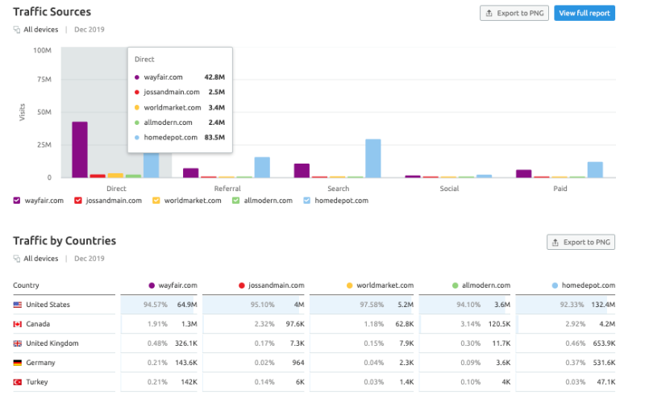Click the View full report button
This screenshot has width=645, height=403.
pos(584,13)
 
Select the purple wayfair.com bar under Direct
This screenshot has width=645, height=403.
pos(79,149)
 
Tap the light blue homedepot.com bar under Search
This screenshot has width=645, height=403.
pos(372,158)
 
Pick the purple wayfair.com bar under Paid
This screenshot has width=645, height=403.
pos(524,173)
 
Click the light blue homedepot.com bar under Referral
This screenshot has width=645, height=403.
pos(262,168)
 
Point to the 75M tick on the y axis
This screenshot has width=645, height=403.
pos(42,80)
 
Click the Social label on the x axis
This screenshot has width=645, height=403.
pos(449,189)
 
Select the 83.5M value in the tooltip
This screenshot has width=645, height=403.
pos(214,138)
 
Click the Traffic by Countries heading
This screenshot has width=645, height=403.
pos(64,241)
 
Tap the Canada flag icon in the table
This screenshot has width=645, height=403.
pos(18,324)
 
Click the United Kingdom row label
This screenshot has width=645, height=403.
pos(52,343)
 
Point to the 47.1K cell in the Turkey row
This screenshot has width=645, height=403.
pos(604,382)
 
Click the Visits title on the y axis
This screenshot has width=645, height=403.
pos(22,113)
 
